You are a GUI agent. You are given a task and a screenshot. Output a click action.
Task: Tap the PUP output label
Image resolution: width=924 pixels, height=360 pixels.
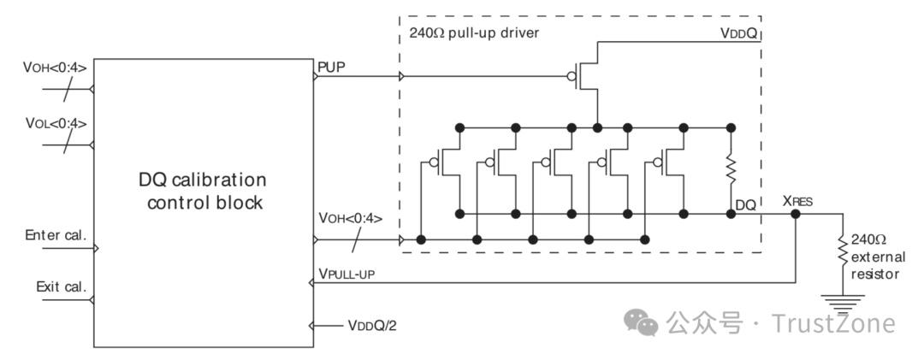tap(329, 65)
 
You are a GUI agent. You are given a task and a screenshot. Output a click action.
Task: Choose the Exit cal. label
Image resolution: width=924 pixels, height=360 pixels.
tap(60, 286)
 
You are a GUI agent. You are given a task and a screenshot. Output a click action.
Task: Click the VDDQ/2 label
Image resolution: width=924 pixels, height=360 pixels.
tap(372, 326)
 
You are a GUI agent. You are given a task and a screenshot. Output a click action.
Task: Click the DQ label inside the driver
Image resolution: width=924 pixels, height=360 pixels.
tap(744, 205)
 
